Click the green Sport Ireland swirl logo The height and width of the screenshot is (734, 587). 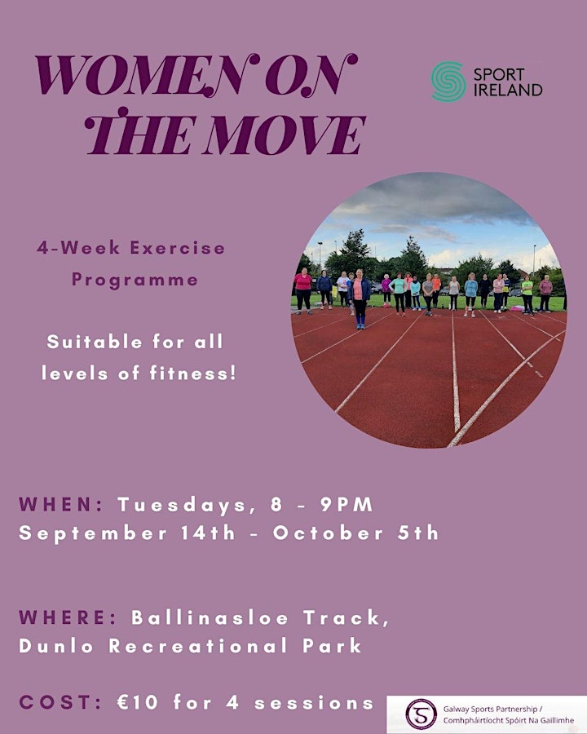[448, 82]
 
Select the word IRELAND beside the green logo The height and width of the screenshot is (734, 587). [508, 90]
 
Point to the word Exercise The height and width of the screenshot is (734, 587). [178, 248]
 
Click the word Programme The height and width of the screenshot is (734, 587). [135, 280]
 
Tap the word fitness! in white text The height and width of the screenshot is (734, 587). [193, 374]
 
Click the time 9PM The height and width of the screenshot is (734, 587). [346, 505]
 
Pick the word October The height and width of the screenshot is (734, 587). [328, 533]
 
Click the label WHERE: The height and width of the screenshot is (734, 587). [68, 617]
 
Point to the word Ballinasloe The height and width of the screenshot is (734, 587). [210, 617]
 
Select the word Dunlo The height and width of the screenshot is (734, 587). [56, 646]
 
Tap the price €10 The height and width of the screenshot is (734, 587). [138, 703]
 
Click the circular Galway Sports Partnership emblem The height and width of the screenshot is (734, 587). [421, 714]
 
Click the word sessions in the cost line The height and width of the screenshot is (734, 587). [314, 703]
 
